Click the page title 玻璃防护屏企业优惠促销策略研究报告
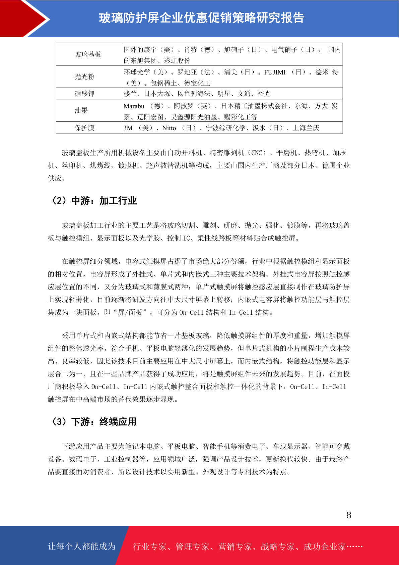pos(201,18)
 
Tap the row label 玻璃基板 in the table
pos(88,54)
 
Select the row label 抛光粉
pos(84,77)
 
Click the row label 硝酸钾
pos(84,94)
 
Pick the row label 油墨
pos(81,110)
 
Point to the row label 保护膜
pos(84,128)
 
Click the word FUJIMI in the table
pos(275,72)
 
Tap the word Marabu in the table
pos(134,106)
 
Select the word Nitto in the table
pos(169,128)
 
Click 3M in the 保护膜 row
pos(128,128)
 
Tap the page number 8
pos(349,515)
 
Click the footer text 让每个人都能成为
pos(82,547)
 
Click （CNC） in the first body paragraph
pos(257,153)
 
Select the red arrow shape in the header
pos(23,18)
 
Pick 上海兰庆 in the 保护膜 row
pos(306,128)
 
